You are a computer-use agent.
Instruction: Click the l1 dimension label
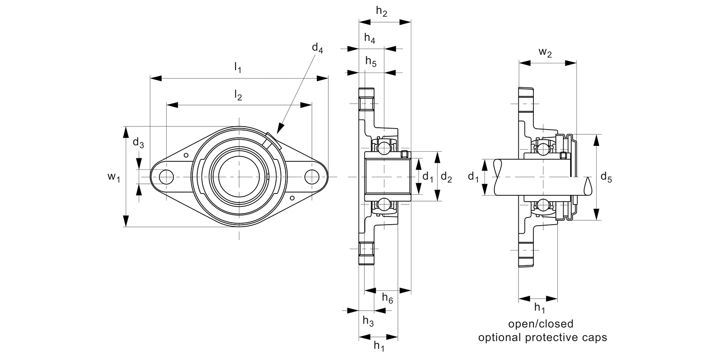click(238, 68)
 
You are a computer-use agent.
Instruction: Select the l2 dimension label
click(238, 96)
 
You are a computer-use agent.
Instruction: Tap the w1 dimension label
click(113, 177)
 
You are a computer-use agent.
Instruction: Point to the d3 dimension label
click(138, 143)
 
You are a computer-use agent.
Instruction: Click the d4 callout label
click(317, 48)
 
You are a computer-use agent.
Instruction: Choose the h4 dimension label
click(370, 39)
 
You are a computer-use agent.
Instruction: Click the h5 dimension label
click(371, 61)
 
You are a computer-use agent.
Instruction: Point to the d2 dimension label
click(446, 178)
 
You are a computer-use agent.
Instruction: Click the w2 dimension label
click(545, 53)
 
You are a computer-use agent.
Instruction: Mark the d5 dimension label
click(607, 179)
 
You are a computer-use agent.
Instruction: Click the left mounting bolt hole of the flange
click(166, 177)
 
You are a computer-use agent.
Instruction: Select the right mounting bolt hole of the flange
click(312, 177)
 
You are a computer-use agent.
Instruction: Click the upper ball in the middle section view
click(384, 149)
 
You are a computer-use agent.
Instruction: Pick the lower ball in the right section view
click(542, 205)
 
